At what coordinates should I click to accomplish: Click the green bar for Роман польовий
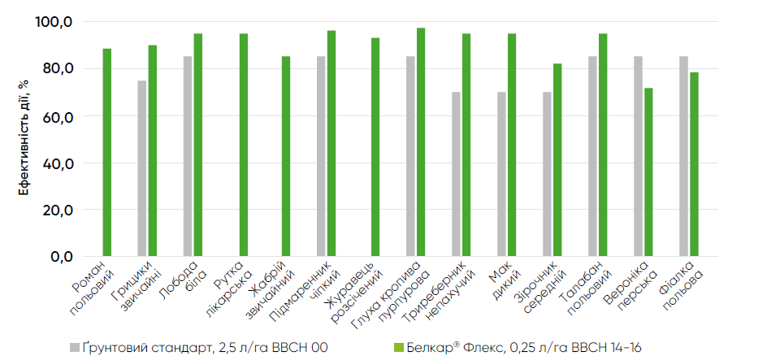(106, 152)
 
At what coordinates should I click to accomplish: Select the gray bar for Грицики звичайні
(141, 168)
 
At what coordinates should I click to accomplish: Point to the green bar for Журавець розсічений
(375, 147)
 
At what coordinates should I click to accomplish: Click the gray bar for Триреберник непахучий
(456, 174)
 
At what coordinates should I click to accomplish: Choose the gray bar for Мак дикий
(501, 174)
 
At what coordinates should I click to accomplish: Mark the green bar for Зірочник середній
(557, 160)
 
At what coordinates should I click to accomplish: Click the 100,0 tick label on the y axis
(55, 22)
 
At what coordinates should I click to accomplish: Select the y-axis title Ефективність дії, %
(24, 138)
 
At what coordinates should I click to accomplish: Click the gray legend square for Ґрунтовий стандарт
(76, 347)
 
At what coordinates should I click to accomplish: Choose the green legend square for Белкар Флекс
(397, 347)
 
